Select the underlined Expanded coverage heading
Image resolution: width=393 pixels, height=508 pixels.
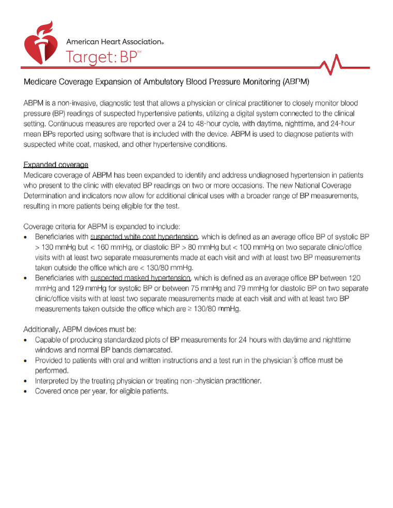pyautogui.click(x=56, y=165)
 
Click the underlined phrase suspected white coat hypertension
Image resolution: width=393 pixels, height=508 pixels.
pyautogui.click(x=144, y=237)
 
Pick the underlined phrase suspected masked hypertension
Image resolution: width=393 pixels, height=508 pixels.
pyautogui.click(x=140, y=278)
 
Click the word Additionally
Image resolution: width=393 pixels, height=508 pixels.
pyautogui.click(x=42, y=330)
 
